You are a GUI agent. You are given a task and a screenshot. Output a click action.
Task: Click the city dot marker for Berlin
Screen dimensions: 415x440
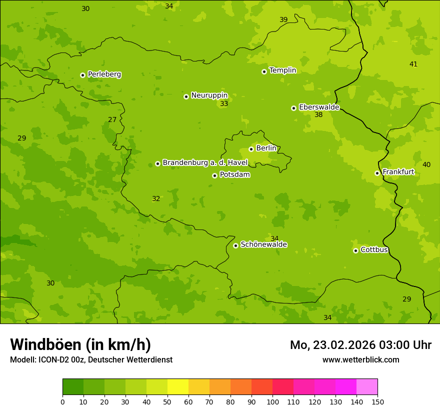click(x=251, y=149)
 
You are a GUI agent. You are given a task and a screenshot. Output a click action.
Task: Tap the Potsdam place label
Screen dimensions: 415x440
click(x=234, y=174)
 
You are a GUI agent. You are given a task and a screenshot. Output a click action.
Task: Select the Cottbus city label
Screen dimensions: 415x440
click(x=374, y=249)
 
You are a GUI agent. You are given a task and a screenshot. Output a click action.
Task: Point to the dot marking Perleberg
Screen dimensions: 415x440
click(x=82, y=75)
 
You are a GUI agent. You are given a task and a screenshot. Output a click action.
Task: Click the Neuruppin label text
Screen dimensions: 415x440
click(x=209, y=95)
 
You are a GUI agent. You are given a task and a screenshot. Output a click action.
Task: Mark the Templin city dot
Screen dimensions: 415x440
click(x=264, y=71)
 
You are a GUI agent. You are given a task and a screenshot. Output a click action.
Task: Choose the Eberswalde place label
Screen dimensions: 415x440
click(x=319, y=107)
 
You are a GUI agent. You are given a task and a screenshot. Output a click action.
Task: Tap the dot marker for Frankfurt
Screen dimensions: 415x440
click(x=377, y=173)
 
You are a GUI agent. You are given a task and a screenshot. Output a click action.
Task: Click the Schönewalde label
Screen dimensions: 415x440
click(x=263, y=244)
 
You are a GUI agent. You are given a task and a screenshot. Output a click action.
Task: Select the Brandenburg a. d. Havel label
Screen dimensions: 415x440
click(x=205, y=162)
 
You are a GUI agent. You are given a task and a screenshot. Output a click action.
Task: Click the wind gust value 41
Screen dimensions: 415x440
click(x=413, y=64)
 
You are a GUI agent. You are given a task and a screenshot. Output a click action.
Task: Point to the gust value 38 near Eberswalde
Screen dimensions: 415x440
click(x=318, y=115)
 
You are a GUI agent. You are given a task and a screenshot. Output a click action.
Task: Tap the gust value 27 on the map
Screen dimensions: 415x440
click(x=112, y=120)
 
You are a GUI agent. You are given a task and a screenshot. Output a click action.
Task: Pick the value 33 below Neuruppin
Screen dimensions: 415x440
click(x=224, y=104)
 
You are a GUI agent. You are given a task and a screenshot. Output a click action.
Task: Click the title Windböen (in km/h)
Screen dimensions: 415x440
click(x=80, y=344)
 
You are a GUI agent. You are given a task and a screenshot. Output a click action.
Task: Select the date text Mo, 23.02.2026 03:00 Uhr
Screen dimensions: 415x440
click(x=360, y=345)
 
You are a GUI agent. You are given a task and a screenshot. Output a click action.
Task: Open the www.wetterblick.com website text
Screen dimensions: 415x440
click(x=360, y=359)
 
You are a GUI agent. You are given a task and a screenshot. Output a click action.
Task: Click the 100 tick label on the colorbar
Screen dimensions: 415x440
click(x=272, y=401)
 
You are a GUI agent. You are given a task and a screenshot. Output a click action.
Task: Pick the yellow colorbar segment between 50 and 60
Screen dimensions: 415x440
click(x=178, y=387)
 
